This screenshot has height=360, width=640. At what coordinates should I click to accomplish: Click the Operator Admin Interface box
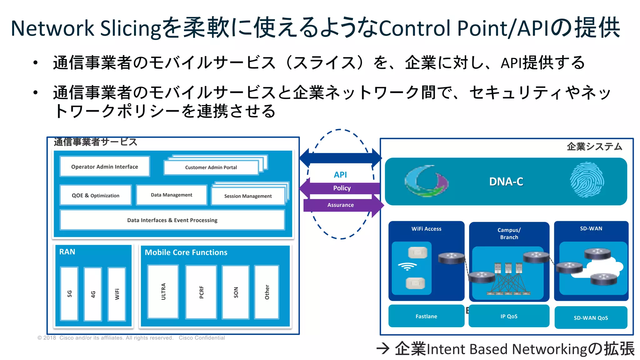coord(105,167)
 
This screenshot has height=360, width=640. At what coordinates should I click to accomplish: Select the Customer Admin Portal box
coord(211,167)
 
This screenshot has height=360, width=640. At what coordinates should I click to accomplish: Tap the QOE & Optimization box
coord(96,195)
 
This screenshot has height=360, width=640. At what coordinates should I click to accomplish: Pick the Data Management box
coord(172,195)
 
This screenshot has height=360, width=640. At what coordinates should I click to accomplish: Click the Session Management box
coord(248,196)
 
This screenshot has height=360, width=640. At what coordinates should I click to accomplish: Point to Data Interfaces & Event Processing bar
coord(172,220)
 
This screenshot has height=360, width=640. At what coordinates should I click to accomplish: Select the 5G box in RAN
coord(69,293)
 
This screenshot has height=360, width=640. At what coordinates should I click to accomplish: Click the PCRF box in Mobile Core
coord(201,292)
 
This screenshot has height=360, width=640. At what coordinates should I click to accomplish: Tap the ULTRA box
coord(163,291)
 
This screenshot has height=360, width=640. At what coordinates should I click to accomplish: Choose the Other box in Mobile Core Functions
coord(267,292)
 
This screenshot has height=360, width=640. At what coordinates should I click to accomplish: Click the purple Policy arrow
coord(342,188)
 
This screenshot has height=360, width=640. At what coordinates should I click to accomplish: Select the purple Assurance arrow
coord(341,205)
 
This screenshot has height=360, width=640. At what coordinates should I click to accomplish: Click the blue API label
coord(340,175)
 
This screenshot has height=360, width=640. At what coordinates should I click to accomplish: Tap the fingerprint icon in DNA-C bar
coord(587,180)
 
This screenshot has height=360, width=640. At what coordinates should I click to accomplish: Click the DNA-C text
coord(506,182)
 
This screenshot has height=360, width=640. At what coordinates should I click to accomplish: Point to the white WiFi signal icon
coord(407,266)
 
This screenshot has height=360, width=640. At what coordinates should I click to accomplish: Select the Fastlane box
coord(426,316)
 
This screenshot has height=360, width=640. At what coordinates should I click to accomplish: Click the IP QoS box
coord(509,316)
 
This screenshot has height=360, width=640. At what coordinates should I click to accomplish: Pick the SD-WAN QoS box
coord(591,318)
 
